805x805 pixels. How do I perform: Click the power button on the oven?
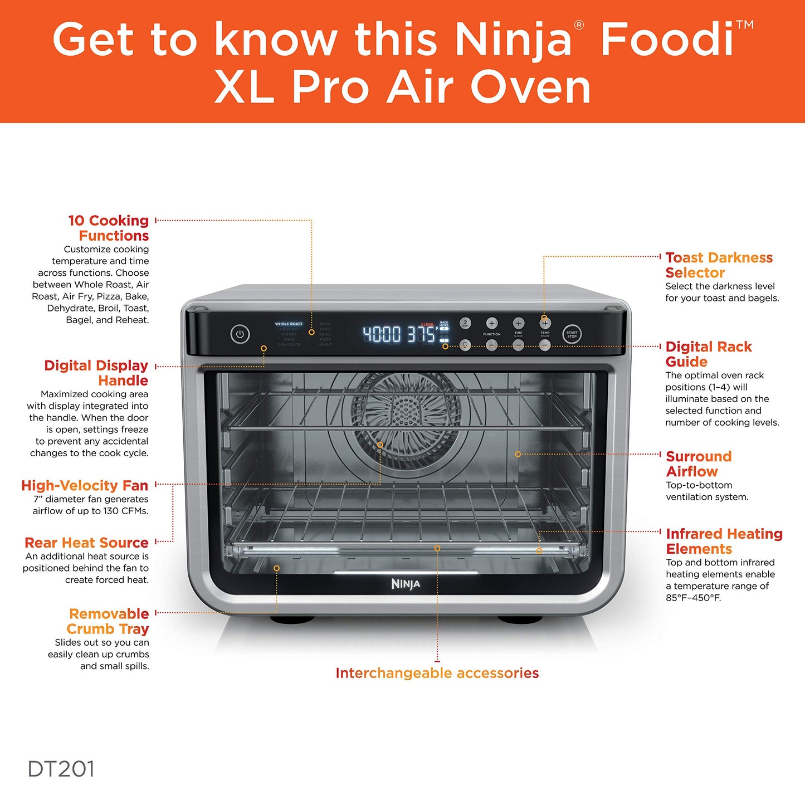click(x=240, y=334)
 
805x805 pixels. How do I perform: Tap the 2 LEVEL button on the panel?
click(x=465, y=323)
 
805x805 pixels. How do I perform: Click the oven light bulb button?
click(x=465, y=345)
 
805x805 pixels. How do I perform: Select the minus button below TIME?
click(x=518, y=345)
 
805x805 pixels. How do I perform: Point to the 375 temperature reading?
click(x=421, y=334)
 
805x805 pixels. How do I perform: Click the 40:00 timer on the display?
click(x=382, y=334)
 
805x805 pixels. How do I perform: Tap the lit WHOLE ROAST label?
click(x=289, y=324)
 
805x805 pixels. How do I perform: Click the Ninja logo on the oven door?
click(x=406, y=584)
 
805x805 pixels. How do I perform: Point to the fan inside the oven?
click(x=406, y=415)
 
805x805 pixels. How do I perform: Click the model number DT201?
click(x=61, y=769)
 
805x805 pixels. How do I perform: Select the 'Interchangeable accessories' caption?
click(x=437, y=673)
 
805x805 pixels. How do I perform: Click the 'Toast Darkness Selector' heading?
click(x=719, y=265)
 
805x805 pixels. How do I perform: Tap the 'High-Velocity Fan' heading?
click(x=85, y=485)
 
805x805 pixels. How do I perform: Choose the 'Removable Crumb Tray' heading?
click(x=108, y=621)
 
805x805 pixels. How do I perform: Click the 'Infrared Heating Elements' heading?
click(x=724, y=541)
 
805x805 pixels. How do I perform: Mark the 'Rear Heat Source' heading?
click(x=86, y=543)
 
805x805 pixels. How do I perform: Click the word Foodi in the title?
click(x=667, y=39)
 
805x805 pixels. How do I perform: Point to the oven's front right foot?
click(x=519, y=619)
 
